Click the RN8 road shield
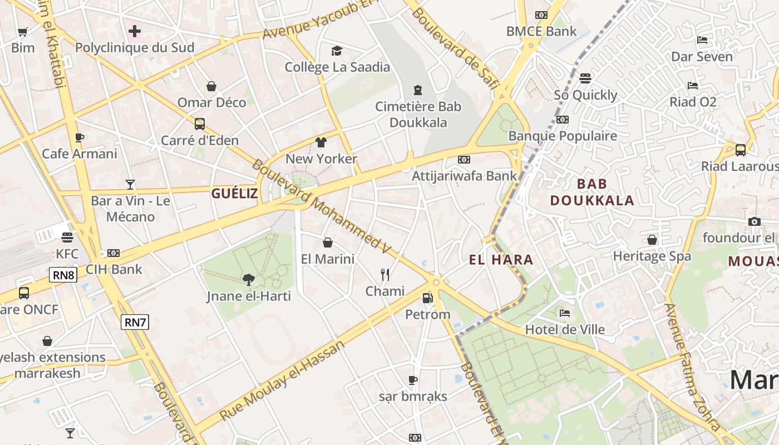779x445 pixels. point(63,275)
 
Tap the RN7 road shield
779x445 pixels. point(135,322)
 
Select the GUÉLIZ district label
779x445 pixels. point(234,194)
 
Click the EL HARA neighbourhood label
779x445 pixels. point(501,260)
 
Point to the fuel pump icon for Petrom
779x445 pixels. point(427,298)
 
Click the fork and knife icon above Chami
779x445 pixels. point(384,274)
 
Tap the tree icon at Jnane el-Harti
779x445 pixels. point(249,280)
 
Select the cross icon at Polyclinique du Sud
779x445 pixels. point(135,31)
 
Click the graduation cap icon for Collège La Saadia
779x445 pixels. point(337,51)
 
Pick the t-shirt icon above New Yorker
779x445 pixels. point(321,142)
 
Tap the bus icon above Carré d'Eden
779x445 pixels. point(199,124)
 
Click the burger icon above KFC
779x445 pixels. point(67,238)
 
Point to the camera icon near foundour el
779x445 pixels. point(754,222)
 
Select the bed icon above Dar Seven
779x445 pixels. point(702,40)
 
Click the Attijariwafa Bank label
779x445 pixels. point(464,176)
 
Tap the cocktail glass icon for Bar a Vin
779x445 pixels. point(130,184)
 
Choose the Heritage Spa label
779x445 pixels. point(652,256)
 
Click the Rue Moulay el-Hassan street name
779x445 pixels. point(282,381)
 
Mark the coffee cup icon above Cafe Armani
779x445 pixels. point(80,137)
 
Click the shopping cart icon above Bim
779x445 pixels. point(23,32)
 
